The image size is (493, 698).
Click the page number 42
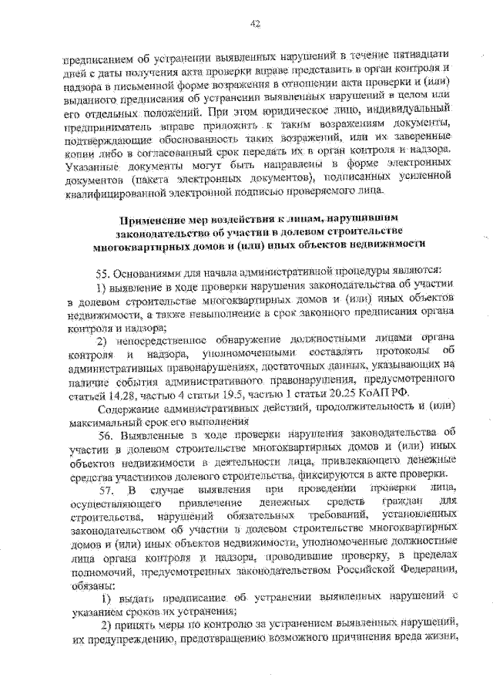point(255,24)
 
